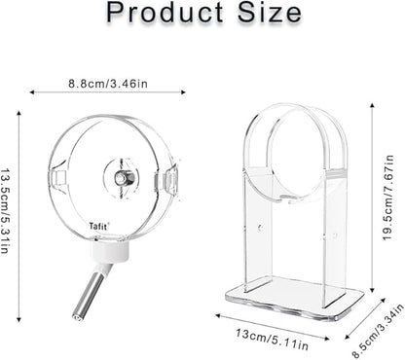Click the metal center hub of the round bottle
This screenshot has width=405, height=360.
click(x=122, y=180)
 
